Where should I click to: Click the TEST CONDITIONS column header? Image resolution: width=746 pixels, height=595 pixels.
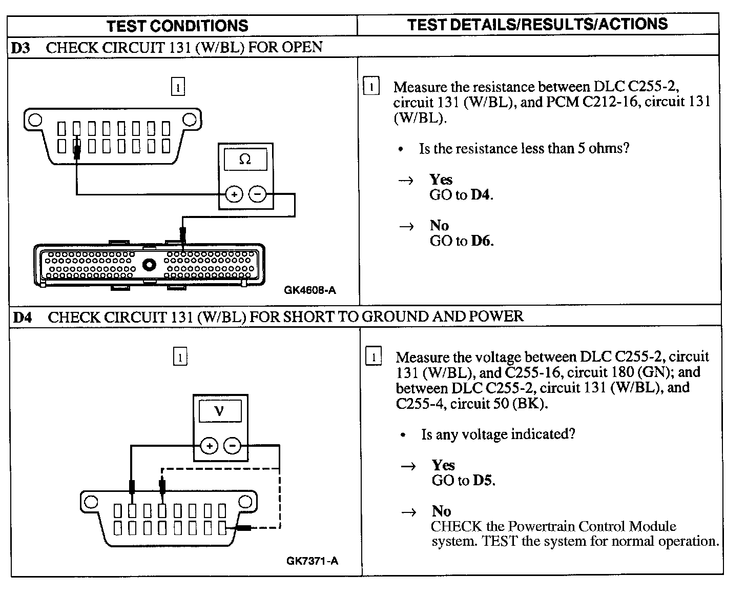(x=177, y=26)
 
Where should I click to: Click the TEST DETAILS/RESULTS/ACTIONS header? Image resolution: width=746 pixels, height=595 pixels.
(x=537, y=24)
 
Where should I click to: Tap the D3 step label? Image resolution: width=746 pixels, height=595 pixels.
(x=21, y=48)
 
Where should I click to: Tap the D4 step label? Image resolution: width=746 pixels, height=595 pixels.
(x=23, y=317)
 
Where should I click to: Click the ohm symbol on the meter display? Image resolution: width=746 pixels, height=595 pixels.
(x=245, y=160)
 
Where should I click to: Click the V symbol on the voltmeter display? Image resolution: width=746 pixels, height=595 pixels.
(x=220, y=411)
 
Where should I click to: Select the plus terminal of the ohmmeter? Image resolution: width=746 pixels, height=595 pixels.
(x=234, y=194)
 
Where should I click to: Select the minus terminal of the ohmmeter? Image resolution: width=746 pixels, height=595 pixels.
(x=257, y=194)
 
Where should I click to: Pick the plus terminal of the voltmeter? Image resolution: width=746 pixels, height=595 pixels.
(x=209, y=446)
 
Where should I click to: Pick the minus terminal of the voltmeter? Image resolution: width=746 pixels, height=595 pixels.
(x=233, y=446)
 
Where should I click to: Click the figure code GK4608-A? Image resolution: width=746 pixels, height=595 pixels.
(x=310, y=290)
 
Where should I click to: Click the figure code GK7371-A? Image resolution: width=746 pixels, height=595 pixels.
(x=312, y=561)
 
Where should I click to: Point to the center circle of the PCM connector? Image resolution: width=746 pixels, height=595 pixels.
(x=150, y=265)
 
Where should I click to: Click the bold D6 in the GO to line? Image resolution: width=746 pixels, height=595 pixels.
(x=481, y=241)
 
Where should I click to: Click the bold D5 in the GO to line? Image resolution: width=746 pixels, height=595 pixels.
(x=483, y=480)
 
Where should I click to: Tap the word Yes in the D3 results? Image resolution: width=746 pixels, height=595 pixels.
(x=441, y=180)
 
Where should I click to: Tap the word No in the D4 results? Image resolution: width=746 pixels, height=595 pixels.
(x=441, y=511)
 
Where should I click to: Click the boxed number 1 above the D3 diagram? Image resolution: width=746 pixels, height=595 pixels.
(x=177, y=87)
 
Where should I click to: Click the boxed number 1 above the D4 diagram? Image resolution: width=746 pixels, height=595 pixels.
(x=180, y=356)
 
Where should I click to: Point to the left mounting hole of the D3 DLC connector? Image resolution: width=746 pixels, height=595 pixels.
(x=35, y=120)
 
